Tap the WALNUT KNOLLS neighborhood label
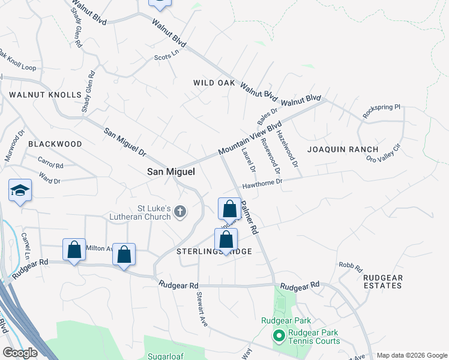coord(45,95)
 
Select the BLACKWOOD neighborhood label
coord(55,144)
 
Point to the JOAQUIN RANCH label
coord(343,149)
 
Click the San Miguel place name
coord(171,172)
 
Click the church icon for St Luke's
coord(179,211)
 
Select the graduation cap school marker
coord(20,191)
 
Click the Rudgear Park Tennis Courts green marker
coord(278,336)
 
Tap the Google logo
coord(20,353)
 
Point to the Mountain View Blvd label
coord(250,139)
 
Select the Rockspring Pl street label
coord(381,110)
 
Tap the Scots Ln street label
coord(167,55)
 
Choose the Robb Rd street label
coord(351,266)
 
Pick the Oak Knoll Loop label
coord(18,62)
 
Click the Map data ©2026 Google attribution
coord(411,355)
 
